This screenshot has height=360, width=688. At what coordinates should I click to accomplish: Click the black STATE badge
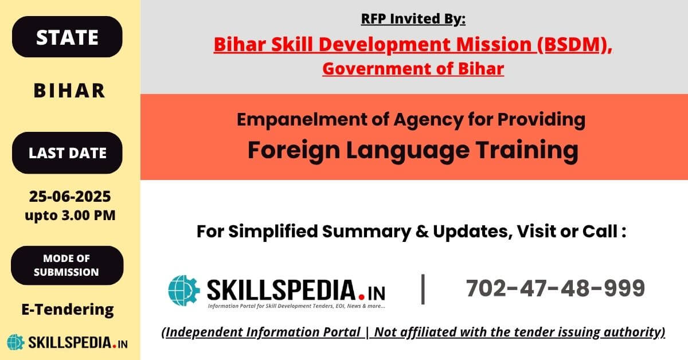click(67, 37)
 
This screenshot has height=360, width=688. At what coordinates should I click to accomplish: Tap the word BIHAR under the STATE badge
click(69, 91)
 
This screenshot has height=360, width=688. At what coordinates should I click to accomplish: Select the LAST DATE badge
click(67, 152)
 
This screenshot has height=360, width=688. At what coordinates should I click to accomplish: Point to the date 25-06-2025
click(70, 196)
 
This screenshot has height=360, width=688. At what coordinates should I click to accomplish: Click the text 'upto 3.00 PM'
click(70, 216)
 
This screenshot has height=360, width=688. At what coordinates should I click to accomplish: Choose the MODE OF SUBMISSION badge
click(67, 265)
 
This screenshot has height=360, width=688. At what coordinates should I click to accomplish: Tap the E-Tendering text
click(68, 310)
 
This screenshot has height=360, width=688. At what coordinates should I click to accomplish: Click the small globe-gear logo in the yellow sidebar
click(15, 342)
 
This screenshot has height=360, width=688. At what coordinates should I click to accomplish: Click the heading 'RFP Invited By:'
click(413, 19)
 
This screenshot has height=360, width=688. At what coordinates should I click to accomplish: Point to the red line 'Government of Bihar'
click(413, 68)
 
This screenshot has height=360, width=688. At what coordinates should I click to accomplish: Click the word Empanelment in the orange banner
click(302, 120)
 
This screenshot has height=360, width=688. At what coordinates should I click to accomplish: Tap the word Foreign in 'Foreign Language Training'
click(294, 150)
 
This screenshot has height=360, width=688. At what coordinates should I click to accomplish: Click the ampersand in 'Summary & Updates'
click(422, 232)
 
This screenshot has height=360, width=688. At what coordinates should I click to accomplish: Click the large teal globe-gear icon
click(184, 290)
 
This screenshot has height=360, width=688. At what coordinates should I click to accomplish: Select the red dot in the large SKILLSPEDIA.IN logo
click(362, 297)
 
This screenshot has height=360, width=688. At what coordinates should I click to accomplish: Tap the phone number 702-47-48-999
click(556, 288)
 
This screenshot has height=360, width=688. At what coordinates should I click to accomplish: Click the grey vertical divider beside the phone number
click(423, 289)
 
